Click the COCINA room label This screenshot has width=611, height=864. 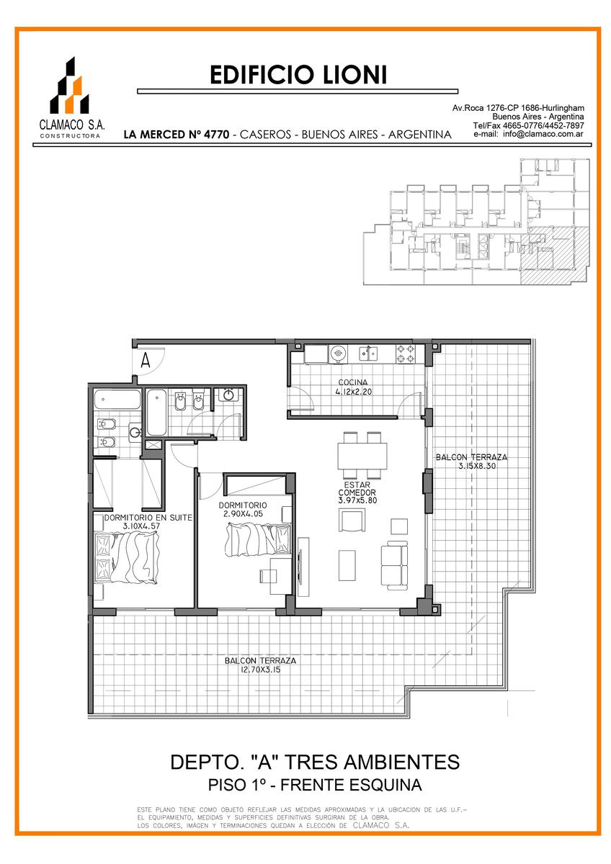pos(353,382)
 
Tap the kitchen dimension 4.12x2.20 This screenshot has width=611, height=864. pos(353,392)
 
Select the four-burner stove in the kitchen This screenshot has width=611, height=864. pos(405,354)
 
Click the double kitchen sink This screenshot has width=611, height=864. pos(368,353)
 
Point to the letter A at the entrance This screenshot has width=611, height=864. pos(145,360)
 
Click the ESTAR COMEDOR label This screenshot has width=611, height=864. pos(357,489)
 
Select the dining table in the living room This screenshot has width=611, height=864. pos(362,456)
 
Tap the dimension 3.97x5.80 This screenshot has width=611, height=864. pos(357,500)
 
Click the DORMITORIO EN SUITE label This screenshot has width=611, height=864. pos(148,518)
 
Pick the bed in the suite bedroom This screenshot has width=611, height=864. pos(127,557)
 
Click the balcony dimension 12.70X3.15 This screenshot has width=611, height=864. pos(260,670)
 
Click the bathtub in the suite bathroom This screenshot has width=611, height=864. pos(117,400)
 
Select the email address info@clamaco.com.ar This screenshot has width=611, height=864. pos(543,134)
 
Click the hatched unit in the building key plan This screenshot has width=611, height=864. pos(554,256)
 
